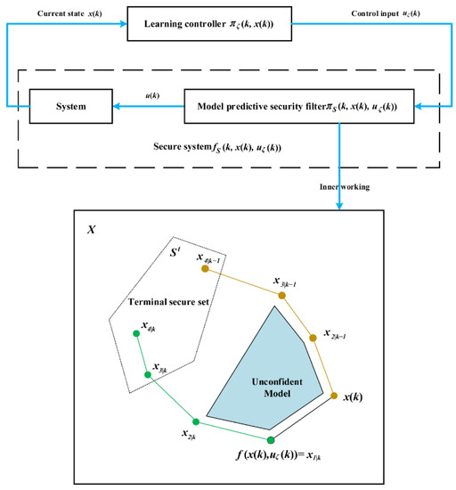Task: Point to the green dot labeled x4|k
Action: pos(136,334)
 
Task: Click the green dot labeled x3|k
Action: pos(150,374)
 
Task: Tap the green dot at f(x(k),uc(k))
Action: pos(271,440)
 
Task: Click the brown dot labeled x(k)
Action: pos(333,396)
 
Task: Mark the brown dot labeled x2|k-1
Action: pos(312,338)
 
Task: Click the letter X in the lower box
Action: pos(92,229)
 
